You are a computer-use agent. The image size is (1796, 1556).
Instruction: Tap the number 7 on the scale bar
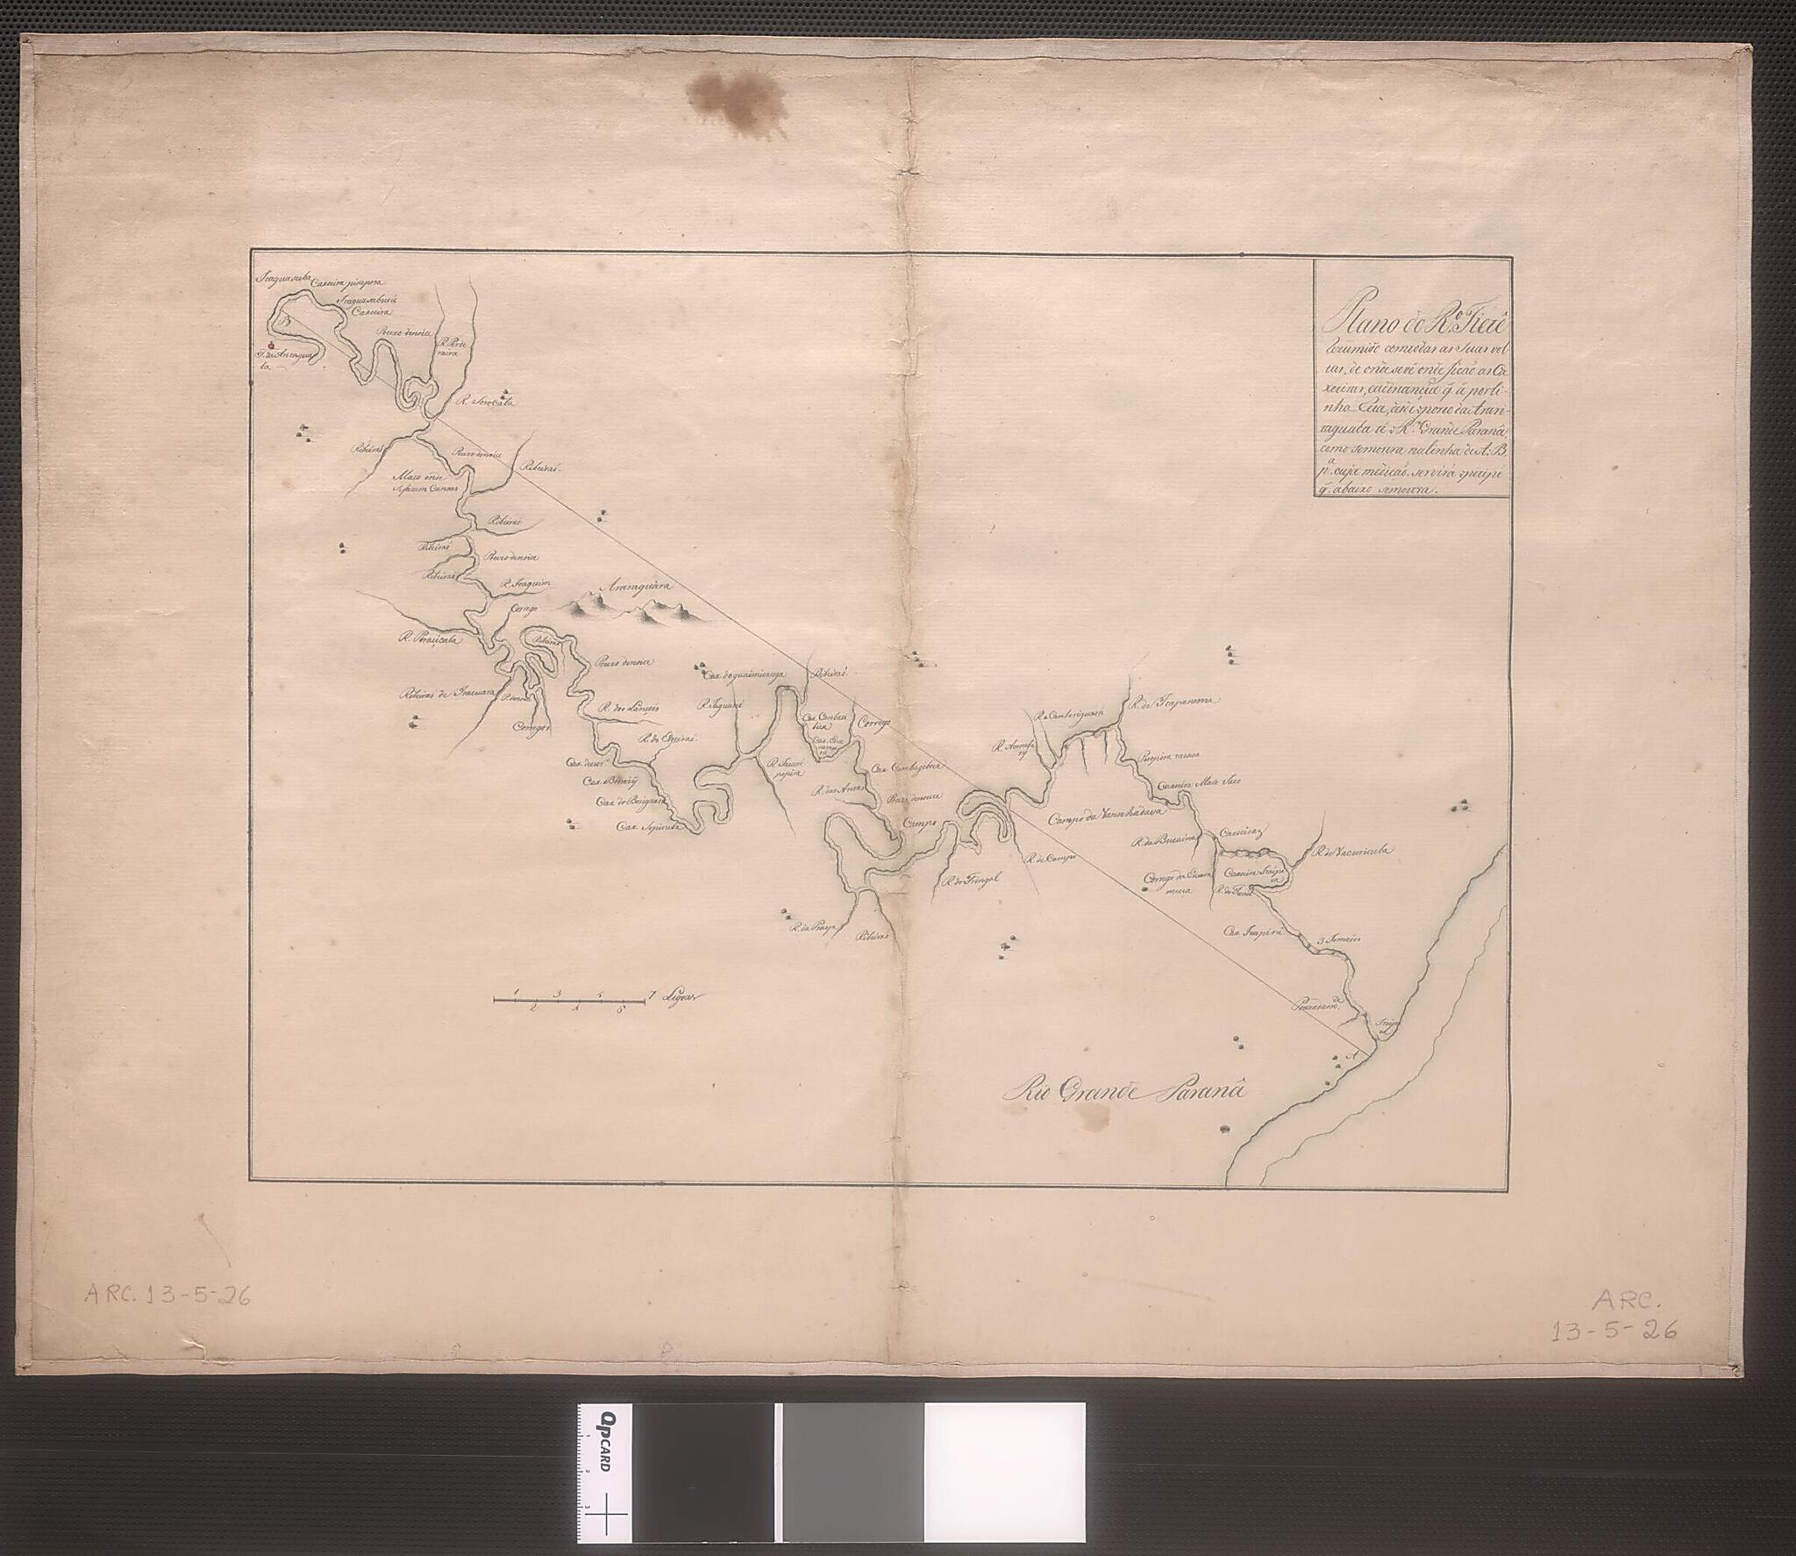(651, 994)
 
